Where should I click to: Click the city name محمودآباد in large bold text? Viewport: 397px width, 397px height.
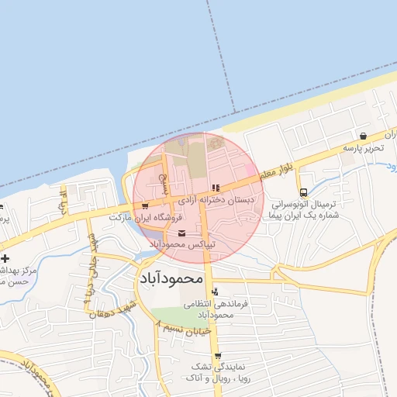point(171,277)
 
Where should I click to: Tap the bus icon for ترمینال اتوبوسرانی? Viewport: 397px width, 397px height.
point(302,193)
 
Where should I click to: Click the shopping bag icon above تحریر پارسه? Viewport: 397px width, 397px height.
point(364,135)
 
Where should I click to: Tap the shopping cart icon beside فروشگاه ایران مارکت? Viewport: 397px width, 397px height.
point(145,206)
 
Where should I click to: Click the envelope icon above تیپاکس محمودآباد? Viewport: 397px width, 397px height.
point(182,233)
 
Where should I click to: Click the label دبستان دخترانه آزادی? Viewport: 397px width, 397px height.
point(216,199)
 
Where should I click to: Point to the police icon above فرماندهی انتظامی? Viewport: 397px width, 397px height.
point(215,291)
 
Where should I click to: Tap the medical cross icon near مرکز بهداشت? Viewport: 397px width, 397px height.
point(5,258)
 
